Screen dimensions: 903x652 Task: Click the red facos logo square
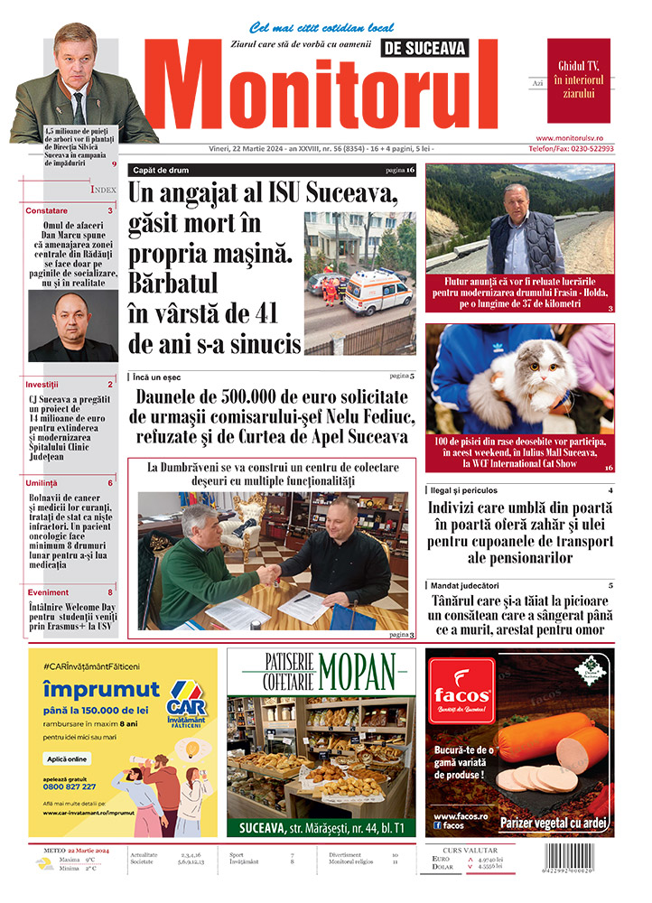point(461,694)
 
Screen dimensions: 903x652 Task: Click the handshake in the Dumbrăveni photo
point(269,573)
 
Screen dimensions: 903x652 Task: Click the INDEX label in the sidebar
point(103,190)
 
